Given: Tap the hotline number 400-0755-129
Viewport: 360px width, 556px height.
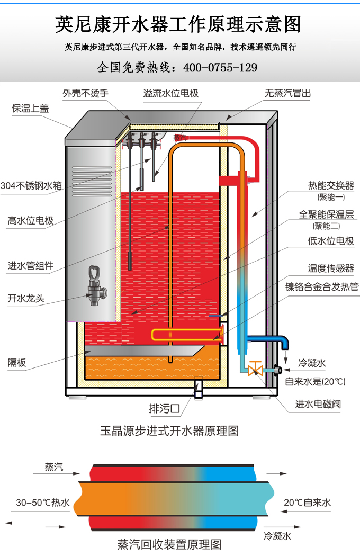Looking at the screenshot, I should (x=220, y=68).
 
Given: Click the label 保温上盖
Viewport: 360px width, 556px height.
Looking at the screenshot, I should (x=30, y=109).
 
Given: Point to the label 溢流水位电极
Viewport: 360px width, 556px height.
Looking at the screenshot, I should (x=171, y=94).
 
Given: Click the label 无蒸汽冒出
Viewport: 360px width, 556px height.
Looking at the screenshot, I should (x=287, y=94).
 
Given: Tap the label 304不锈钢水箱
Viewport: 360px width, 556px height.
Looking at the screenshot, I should (x=31, y=185).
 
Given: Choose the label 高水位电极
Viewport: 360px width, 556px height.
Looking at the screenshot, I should (x=30, y=220).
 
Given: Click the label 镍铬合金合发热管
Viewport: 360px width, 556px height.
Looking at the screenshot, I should (x=322, y=287).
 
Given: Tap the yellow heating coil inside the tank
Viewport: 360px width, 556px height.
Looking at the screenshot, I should (x=185, y=335).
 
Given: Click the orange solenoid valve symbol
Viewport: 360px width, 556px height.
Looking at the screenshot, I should (x=255, y=368).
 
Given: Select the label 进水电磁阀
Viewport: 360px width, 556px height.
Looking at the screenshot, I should (x=318, y=405).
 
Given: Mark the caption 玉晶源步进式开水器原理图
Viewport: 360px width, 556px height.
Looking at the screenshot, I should (x=169, y=431).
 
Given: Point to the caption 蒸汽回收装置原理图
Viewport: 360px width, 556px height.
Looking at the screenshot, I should (x=169, y=544).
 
